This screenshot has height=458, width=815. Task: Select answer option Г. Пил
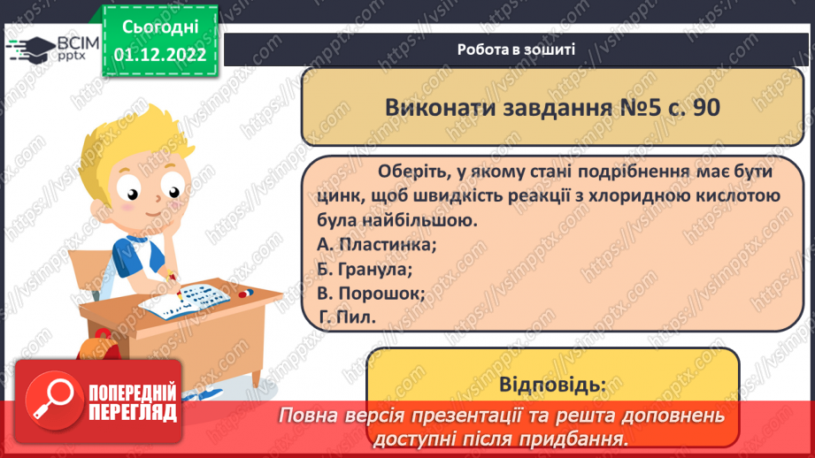(349, 316)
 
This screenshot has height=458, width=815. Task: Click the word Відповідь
(552, 385)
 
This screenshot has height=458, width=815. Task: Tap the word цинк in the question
(334, 195)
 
